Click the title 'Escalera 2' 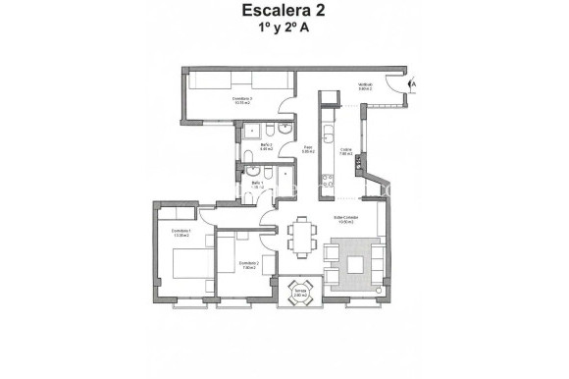click(284, 13)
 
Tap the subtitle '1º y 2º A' click(284, 30)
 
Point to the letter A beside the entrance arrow click(416, 85)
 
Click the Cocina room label click(345, 152)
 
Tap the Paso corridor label click(307, 150)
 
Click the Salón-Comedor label click(345, 219)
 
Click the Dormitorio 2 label click(247, 265)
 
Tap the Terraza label click(301, 293)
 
